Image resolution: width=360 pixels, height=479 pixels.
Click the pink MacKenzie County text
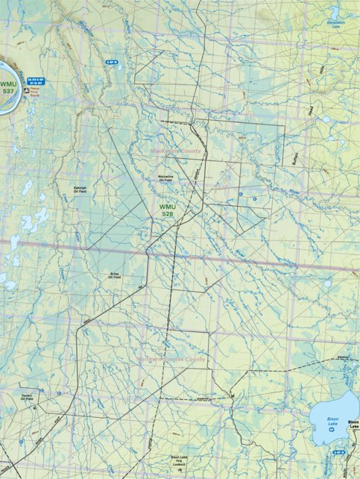pyautogui.click(x=176, y=151)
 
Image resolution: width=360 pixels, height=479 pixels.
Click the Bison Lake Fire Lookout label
pyautogui.click(x=180, y=461)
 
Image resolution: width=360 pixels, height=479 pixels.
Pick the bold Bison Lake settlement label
pyautogui.click(x=353, y=424)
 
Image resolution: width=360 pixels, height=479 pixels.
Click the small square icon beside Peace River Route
pyautogui.click(x=26, y=87)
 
